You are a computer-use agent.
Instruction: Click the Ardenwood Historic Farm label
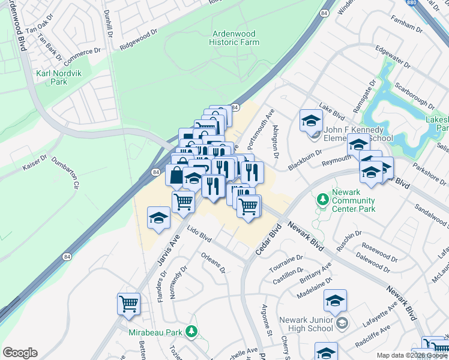click(234, 38)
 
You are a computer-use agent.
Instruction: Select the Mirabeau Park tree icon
click(191, 331)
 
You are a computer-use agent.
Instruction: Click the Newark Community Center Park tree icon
click(323, 198)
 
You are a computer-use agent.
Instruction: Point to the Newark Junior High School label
click(306, 324)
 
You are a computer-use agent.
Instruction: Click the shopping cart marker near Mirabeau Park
click(128, 304)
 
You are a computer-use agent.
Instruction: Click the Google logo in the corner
click(20, 352)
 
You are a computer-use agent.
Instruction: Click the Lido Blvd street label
click(200, 234)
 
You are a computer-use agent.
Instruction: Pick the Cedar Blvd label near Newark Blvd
click(268, 240)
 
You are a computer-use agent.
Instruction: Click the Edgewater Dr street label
click(391, 56)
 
